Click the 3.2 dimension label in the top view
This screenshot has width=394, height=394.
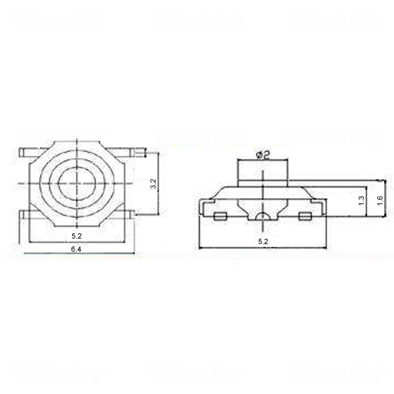point(154,184)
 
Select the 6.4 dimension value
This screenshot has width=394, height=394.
point(76,249)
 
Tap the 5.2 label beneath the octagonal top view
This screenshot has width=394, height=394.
point(77,236)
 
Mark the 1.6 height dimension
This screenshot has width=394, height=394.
point(380,200)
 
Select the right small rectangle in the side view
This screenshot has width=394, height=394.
point(305,216)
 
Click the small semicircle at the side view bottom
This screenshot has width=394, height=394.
point(263,216)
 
